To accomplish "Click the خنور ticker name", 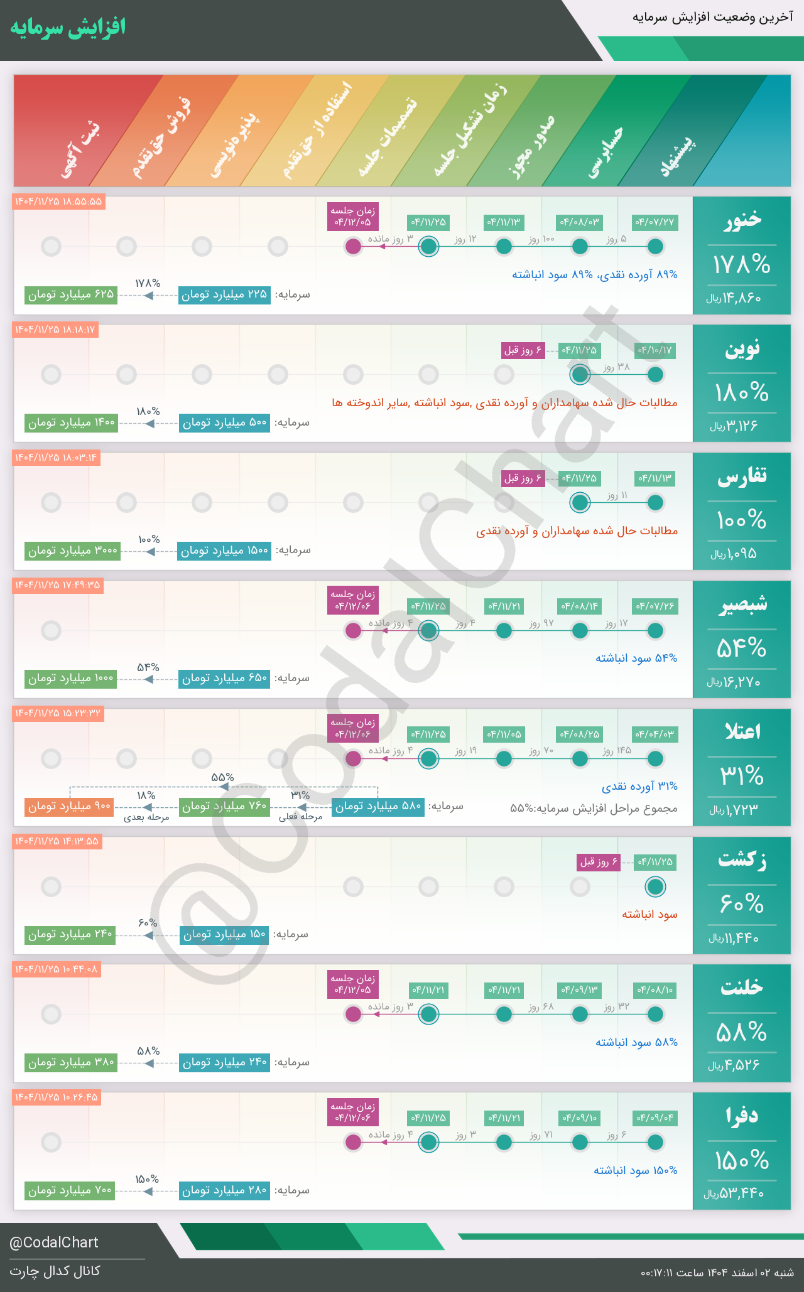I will [742, 219].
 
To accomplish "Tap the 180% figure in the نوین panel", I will [742, 393].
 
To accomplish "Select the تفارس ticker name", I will [742, 477].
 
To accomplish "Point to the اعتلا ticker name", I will [742, 731].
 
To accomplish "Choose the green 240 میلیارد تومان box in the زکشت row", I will [70, 934].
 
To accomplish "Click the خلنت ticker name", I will [742, 987].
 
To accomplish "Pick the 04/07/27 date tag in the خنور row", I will [655, 222].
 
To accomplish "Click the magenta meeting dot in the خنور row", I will [354, 246].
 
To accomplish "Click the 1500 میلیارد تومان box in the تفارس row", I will [224, 551].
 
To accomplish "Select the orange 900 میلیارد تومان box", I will [68, 806].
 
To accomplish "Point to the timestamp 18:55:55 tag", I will [58, 202].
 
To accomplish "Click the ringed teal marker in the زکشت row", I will [655, 886].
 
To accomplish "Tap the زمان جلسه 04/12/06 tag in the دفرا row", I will [353, 1112].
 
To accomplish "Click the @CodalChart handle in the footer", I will [54, 1242].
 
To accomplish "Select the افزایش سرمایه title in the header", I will [68, 28].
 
